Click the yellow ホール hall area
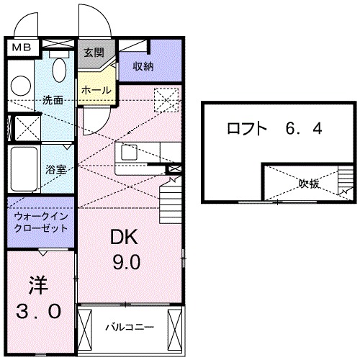[96, 91]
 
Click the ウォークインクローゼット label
[40, 221]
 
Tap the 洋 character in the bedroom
[38, 286]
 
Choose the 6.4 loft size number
[301, 130]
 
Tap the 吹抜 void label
[310, 184]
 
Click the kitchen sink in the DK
[130, 153]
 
